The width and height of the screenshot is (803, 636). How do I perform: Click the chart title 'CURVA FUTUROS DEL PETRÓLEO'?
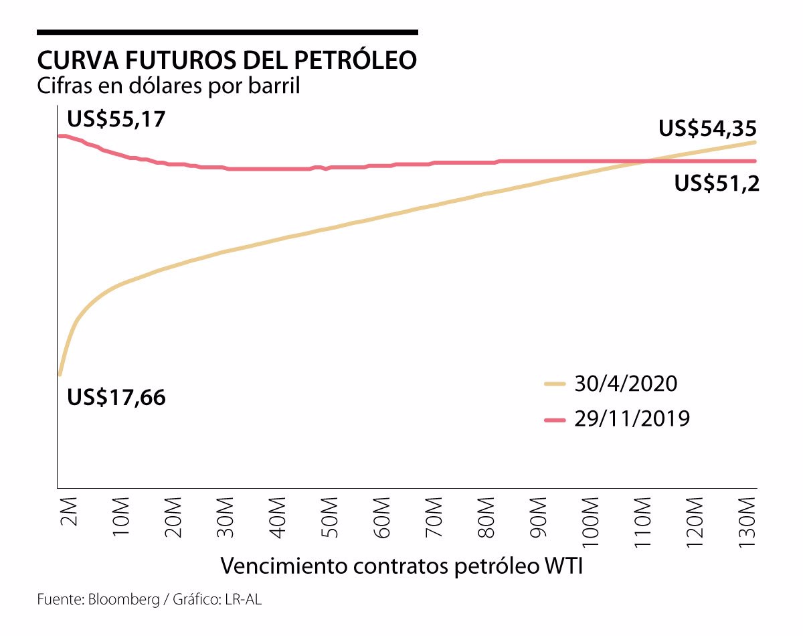pos(228,60)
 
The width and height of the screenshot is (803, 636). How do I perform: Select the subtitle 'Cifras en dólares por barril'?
pos(168,86)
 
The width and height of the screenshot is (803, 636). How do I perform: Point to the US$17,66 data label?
pos(116,398)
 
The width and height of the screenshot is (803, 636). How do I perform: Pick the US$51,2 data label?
pos(717,183)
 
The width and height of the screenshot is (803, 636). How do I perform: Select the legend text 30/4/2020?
pos(626,384)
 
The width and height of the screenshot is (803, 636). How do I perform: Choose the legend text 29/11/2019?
pos(632,420)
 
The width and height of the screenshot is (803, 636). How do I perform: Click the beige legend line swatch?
pos(555,384)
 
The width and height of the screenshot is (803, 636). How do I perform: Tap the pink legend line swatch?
pos(555,420)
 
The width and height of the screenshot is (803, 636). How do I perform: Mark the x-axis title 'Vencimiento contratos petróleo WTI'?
pos(401,566)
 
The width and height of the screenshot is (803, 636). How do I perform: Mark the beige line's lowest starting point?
pos(60,374)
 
